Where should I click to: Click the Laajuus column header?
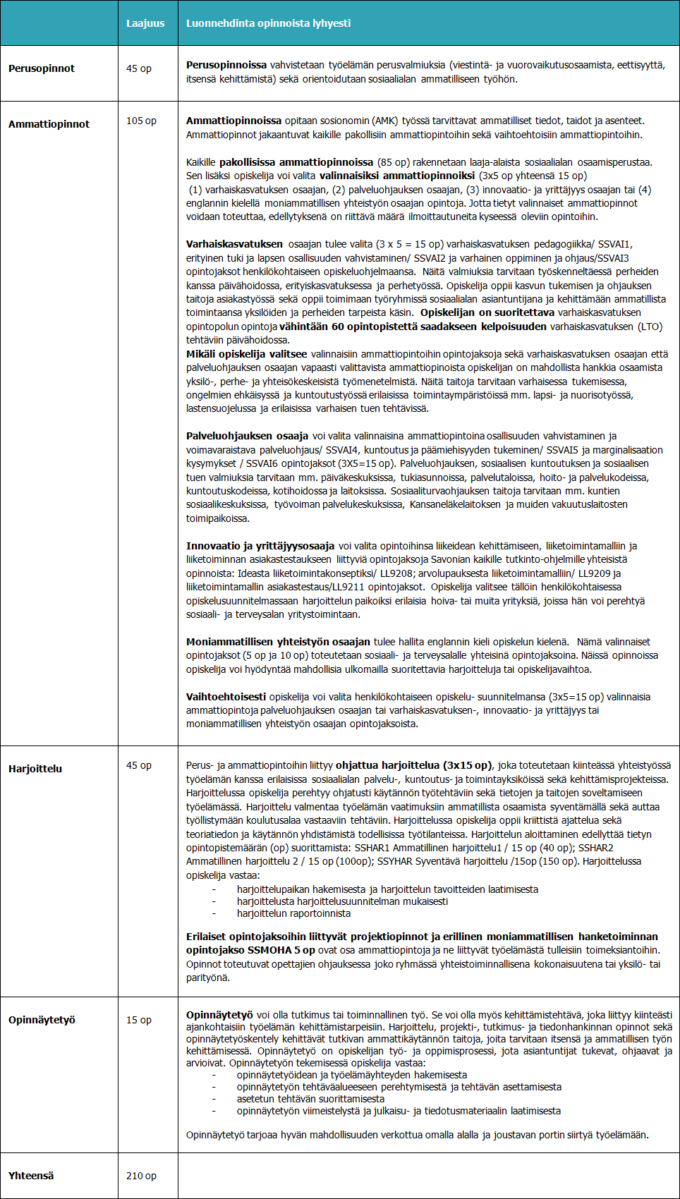pyautogui.click(x=145, y=23)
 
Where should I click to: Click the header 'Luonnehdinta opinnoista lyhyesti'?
pyautogui.click(x=268, y=23)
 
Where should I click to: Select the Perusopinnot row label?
pyautogui.click(x=42, y=68)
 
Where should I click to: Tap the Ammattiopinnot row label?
pyautogui.click(x=49, y=124)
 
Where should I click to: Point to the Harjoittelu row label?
pyautogui.click(x=35, y=769)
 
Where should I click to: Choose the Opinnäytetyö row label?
pyautogui.click(x=42, y=1020)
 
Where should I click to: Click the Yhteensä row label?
pyautogui.click(x=31, y=1176)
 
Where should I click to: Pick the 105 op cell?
pyautogui.click(x=141, y=121)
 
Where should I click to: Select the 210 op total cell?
pyautogui.click(x=141, y=1176)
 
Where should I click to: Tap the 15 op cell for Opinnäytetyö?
pyautogui.click(x=138, y=1020)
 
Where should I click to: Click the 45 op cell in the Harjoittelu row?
pyautogui.click(x=138, y=765)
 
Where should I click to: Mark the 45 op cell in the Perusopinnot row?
pyautogui.click(x=138, y=68)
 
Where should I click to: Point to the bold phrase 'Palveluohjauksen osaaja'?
pyautogui.click(x=247, y=436)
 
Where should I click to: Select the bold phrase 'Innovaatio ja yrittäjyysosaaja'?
pyautogui.click(x=260, y=546)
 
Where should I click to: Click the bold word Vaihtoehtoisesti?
pyautogui.click(x=226, y=697)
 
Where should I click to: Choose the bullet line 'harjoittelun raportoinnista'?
pyautogui.click(x=293, y=913)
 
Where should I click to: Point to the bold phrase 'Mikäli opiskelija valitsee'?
pyautogui.click(x=246, y=354)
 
